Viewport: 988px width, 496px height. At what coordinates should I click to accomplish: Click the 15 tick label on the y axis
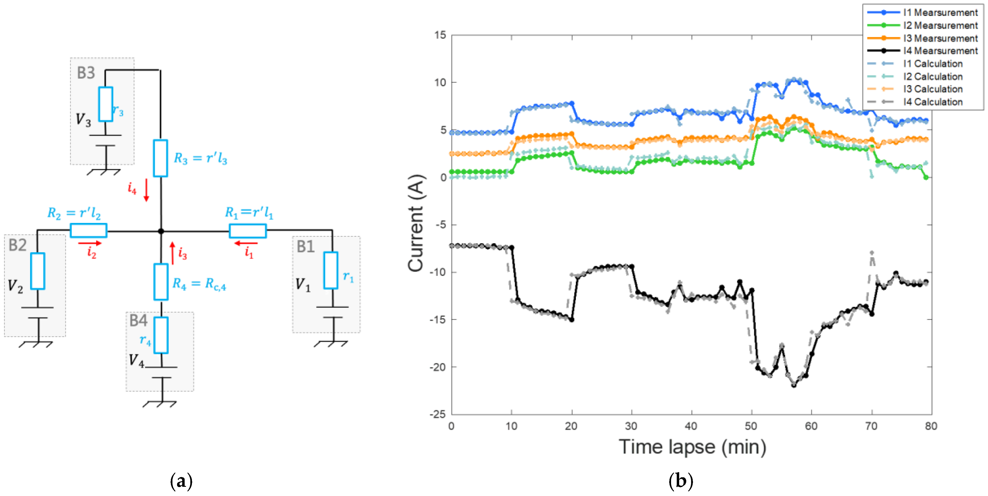[x=440, y=35]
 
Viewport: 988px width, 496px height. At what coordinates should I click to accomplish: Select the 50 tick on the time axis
[x=751, y=426]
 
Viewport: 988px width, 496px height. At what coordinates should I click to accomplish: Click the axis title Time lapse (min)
[x=692, y=447]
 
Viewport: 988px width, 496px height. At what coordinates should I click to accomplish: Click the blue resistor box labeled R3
[x=160, y=158]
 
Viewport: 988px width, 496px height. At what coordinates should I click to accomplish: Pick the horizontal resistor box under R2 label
[x=89, y=231]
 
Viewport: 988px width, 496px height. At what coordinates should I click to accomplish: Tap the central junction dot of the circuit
[x=161, y=231]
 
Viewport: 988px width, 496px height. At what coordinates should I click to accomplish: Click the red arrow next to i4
[x=146, y=190]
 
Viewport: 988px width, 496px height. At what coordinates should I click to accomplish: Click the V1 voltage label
[x=303, y=285]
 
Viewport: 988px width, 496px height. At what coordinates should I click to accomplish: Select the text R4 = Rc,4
[x=199, y=284]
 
